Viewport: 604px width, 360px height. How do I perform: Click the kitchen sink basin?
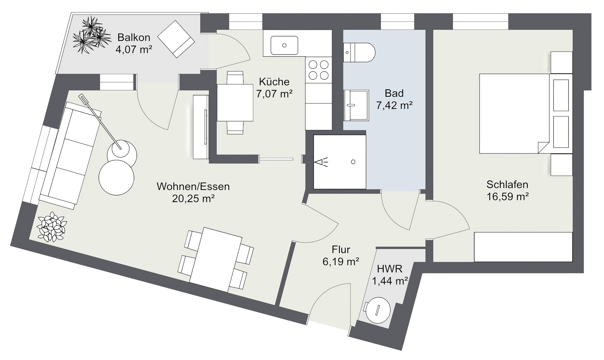tap(284, 45)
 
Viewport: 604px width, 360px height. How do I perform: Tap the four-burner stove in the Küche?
tap(318, 70)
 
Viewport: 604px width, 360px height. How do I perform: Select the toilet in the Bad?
tap(360, 52)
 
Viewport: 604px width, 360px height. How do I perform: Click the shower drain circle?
tap(353, 162)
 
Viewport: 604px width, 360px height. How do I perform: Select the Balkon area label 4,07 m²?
tap(134, 50)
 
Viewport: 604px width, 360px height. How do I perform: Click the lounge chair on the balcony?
tap(176, 39)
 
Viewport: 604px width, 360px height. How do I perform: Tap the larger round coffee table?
tap(116, 177)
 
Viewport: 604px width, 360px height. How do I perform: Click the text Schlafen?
tap(507, 184)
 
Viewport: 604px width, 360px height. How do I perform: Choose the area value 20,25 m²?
tap(193, 199)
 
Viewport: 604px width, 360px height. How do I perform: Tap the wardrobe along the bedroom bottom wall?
tap(523, 247)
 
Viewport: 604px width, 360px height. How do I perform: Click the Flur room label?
tap(341, 249)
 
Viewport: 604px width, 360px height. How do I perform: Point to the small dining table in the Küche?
tap(235, 102)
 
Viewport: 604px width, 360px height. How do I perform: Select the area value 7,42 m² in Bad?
tap(394, 106)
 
